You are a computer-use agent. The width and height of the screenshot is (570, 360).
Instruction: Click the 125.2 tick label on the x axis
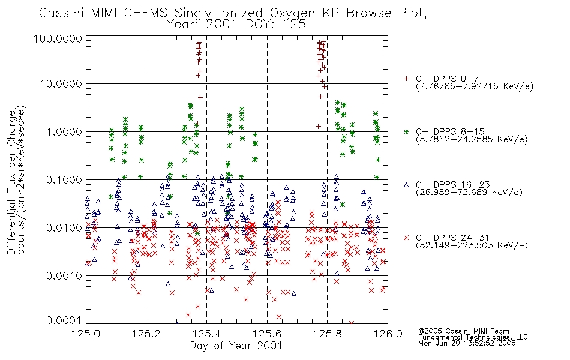tap(146, 334)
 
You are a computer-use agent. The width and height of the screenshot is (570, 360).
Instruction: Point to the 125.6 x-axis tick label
tap(267, 334)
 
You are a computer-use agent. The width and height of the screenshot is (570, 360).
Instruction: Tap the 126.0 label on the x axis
tap(388, 334)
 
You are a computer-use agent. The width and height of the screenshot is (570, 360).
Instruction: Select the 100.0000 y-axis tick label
tap(58, 38)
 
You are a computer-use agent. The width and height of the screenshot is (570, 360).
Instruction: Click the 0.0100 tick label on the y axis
tap(64, 228)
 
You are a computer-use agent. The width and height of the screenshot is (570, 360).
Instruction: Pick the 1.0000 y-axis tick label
tap(64, 132)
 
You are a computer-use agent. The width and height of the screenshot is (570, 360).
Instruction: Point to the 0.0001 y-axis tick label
tap(64, 320)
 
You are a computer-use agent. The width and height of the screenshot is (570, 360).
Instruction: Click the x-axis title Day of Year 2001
tap(236, 346)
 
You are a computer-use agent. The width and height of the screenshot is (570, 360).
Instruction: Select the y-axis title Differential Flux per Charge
tap(11, 182)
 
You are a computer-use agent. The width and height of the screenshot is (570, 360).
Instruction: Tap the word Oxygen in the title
tap(292, 13)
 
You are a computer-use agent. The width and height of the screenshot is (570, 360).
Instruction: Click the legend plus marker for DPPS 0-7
tap(406, 79)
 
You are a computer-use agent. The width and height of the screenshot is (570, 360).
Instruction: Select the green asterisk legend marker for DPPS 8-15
tap(406, 131)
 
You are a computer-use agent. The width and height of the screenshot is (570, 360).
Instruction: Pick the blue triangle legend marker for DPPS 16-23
tap(406, 185)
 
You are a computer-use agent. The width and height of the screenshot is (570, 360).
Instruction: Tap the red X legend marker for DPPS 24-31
tap(406, 238)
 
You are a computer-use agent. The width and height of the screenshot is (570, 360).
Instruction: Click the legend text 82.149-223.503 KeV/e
tap(472, 245)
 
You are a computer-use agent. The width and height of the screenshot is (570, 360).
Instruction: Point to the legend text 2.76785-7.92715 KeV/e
tap(475, 86)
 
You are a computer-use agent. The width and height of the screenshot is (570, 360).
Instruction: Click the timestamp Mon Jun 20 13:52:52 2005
tap(467, 343)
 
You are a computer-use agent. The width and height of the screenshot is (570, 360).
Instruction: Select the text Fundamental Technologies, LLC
tap(473, 337)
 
